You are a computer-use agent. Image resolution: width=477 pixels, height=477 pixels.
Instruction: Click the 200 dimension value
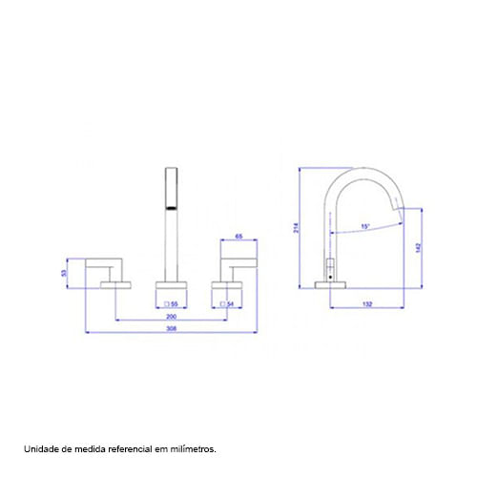pos(172,317)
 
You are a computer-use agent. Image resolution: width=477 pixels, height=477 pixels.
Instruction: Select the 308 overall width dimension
pos(172,328)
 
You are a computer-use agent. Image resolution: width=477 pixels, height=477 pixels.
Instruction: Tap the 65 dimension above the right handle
pos(238,237)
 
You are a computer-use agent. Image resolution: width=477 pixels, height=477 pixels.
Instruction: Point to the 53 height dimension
pos(64,273)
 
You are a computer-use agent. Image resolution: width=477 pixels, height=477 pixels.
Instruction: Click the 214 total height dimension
pos(296,228)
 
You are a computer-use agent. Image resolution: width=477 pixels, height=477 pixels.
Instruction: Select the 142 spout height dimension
pos(418,248)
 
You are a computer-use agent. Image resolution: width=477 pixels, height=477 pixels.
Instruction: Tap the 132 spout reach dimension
pos(367,304)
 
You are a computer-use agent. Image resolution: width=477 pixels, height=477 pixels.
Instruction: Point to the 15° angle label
pos(365,227)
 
